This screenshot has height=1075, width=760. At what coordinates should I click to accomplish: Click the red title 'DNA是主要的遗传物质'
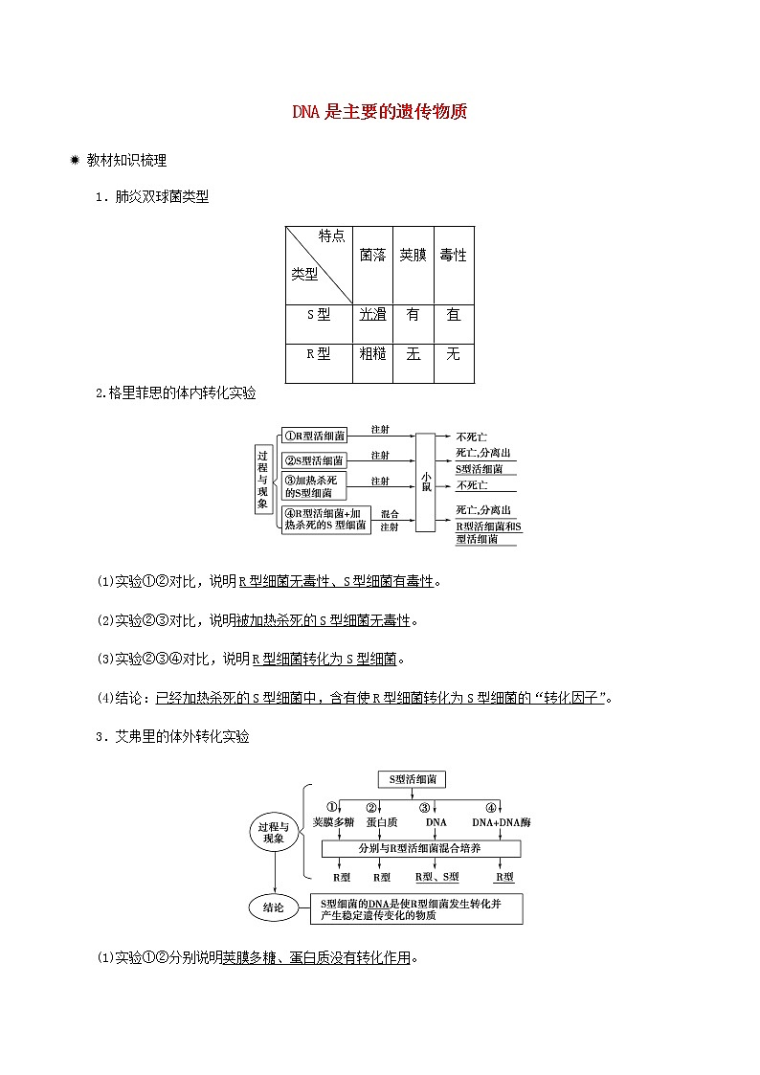379,112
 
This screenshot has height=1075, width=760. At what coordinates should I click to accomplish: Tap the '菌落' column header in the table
372,256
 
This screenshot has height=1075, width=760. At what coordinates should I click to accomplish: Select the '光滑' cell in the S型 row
372,315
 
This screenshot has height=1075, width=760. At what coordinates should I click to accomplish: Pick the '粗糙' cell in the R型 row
372,353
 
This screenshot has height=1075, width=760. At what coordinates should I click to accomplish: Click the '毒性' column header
453,256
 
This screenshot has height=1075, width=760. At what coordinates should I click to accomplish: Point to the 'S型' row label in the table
318,315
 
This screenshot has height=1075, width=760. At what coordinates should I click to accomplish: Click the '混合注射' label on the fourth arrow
390,520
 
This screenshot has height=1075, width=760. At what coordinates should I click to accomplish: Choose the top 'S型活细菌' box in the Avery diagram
412,779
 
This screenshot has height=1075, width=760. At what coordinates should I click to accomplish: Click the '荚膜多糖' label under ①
333,822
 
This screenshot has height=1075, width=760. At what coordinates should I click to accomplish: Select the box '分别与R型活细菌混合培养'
420,849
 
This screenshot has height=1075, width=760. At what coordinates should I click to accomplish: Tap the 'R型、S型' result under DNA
436,877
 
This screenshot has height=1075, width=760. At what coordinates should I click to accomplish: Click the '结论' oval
273,908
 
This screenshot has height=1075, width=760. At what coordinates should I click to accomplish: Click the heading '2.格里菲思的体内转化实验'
176,392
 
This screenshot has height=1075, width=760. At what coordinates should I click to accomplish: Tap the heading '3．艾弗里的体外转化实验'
171,737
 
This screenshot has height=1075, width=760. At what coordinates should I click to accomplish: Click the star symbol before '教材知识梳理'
74,161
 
